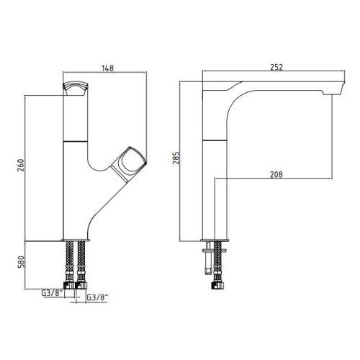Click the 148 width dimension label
click(x=107, y=68)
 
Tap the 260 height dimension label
click(x=21, y=165)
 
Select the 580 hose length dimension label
click(x=21, y=262)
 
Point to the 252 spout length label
click(x=276, y=67)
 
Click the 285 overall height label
click(x=176, y=158)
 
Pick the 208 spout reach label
click(x=276, y=174)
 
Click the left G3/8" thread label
click(x=53, y=293)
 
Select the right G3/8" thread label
click(x=97, y=298)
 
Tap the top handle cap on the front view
click(x=76, y=89)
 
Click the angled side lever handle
click(x=129, y=163)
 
